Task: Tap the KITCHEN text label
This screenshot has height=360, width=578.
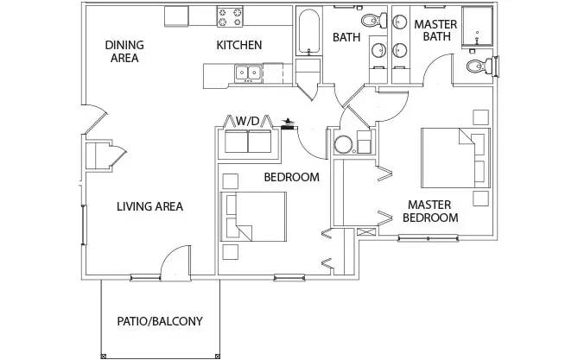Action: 239,46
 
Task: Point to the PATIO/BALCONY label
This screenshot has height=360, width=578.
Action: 160,321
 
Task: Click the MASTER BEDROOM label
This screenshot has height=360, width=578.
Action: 432,212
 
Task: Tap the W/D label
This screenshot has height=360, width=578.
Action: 248,120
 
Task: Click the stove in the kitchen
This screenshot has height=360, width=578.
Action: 231,16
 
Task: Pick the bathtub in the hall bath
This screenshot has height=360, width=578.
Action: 308,35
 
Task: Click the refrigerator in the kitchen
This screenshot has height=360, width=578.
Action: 177,16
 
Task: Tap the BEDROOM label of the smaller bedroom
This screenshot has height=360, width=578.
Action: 291,177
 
